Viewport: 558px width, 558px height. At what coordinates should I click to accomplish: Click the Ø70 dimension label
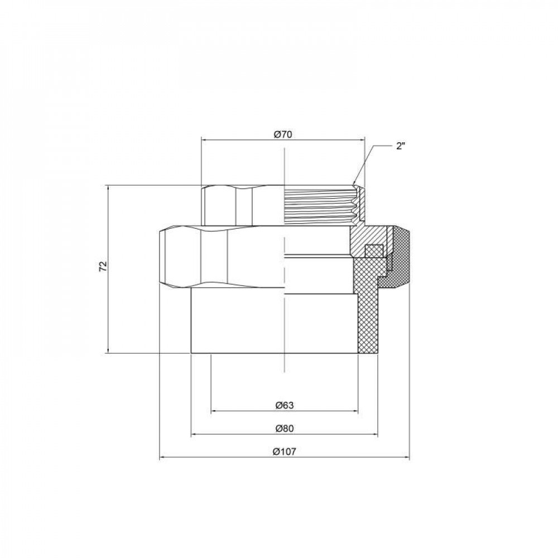coord(283,134)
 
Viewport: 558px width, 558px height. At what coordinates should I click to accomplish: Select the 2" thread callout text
coord(401,147)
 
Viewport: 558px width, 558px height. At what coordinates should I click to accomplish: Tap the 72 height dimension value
coord(102,266)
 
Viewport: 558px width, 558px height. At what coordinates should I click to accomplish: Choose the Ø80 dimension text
coord(284,428)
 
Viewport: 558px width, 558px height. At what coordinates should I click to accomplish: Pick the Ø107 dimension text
coord(284,453)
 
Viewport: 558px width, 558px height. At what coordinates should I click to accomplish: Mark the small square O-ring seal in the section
coord(372,251)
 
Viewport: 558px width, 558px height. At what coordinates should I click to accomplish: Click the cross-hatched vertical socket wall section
coord(366,318)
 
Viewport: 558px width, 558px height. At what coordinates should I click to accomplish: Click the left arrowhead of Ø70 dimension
coord(203,140)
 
